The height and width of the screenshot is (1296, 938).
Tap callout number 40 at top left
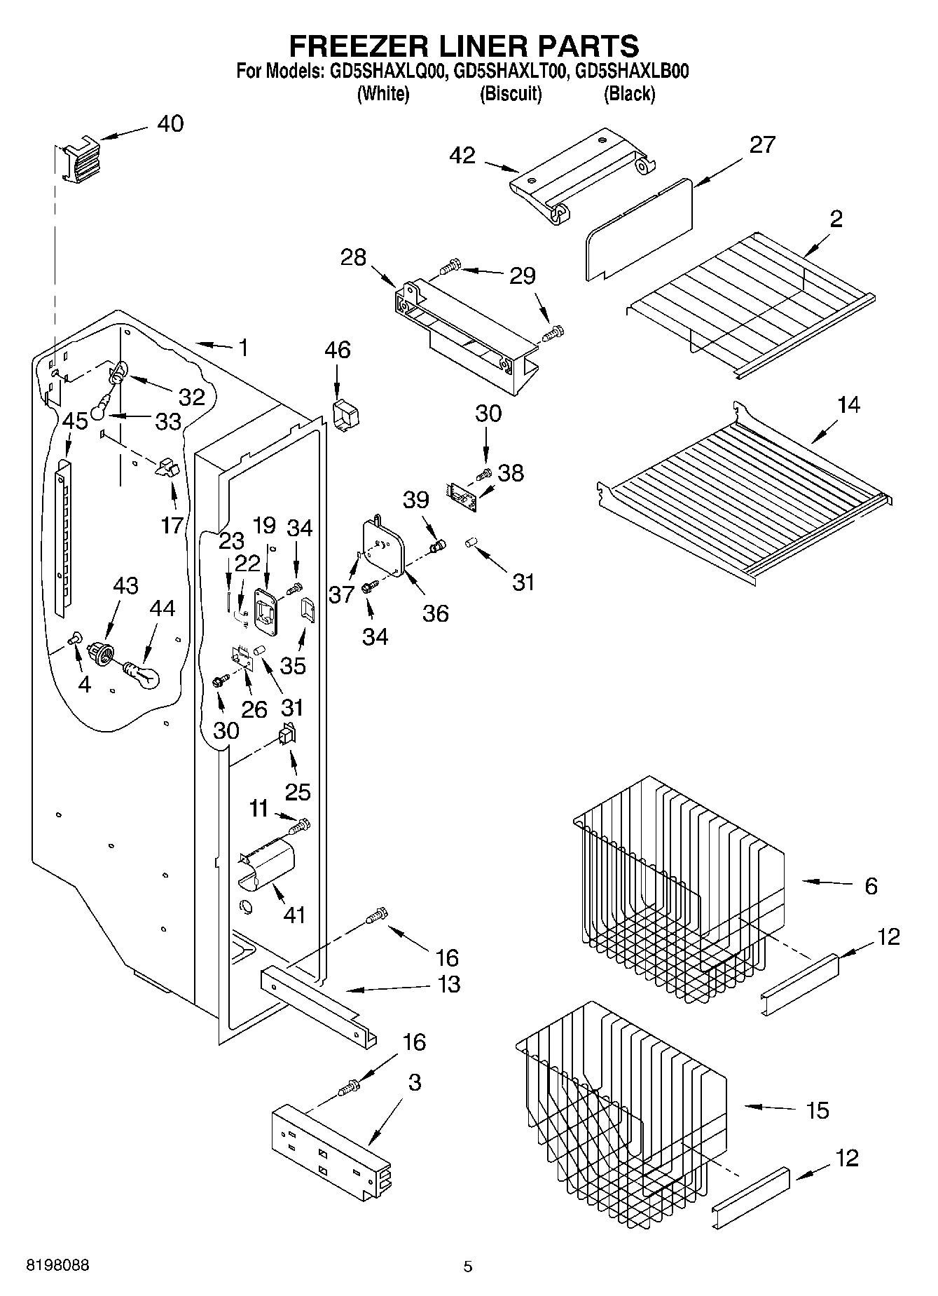[x=170, y=124]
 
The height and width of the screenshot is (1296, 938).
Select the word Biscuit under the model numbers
[x=510, y=94]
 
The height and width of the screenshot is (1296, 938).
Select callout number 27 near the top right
[x=762, y=145]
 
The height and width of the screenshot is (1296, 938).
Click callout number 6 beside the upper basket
[x=871, y=886]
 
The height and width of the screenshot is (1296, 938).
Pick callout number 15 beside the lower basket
[x=818, y=1110]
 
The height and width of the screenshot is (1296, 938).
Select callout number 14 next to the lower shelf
[x=848, y=405]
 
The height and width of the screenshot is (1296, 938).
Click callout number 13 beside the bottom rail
[x=448, y=984]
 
